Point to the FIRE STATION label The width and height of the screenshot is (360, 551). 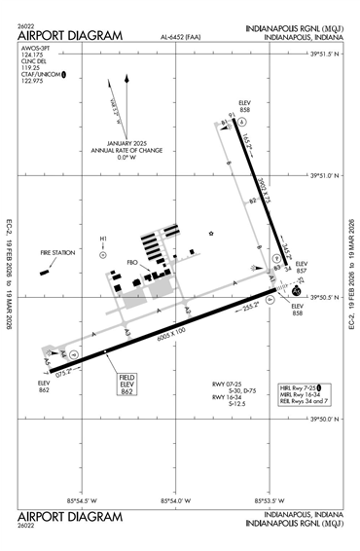pyautogui.click(x=56, y=253)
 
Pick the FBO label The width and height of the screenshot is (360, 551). pyautogui.click(x=134, y=262)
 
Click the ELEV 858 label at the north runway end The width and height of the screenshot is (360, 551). pyautogui.click(x=245, y=106)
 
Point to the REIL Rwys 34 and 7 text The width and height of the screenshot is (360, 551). pyautogui.click(x=301, y=402)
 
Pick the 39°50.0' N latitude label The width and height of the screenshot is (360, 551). pyautogui.click(x=328, y=419)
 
